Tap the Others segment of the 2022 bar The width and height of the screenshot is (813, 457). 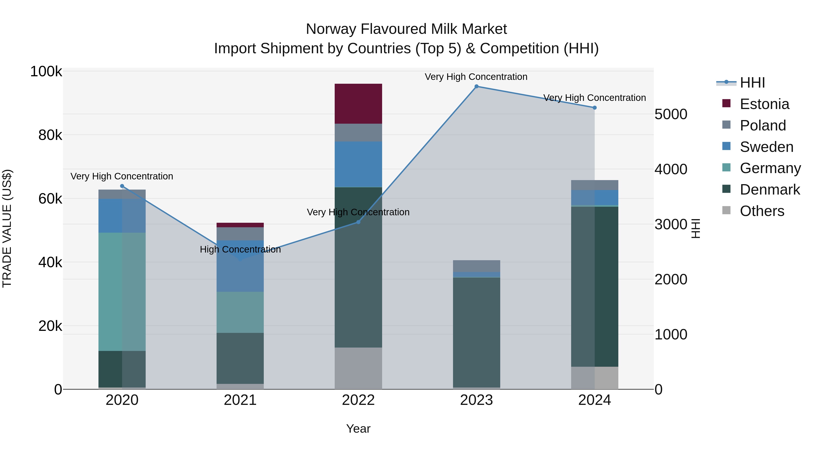[358, 368]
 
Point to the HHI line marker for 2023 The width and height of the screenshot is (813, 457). [477, 86]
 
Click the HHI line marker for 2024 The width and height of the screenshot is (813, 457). [595, 108]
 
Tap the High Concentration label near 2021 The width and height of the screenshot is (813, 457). [240, 249]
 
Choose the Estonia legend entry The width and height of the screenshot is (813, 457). [764, 104]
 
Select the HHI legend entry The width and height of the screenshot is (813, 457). [752, 83]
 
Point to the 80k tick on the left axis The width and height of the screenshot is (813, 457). [50, 135]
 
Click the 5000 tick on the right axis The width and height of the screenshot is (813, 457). [671, 114]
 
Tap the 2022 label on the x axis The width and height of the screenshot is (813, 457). [358, 400]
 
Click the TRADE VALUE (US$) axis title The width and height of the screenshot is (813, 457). [7, 228]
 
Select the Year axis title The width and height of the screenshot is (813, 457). [358, 429]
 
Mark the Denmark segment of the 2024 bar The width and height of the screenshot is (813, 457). [595, 286]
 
